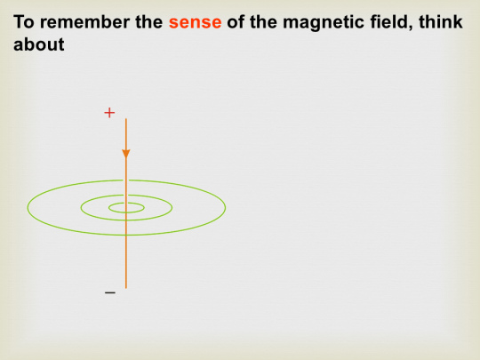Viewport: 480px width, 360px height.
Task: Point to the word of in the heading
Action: pyautogui.click(x=236, y=21)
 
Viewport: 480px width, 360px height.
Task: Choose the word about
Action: pyautogui.click(x=39, y=44)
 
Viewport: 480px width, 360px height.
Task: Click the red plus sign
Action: pyautogui.click(x=109, y=113)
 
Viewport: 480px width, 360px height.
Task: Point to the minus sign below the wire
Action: pyautogui.click(x=109, y=292)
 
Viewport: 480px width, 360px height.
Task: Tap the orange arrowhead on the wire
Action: pyautogui.click(x=126, y=154)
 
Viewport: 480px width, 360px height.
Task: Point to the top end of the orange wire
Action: pyautogui.click(x=126, y=120)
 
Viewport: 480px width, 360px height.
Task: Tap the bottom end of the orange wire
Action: pyautogui.click(x=126, y=287)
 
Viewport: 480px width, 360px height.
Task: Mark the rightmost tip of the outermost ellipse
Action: pyautogui.click(x=225, y=208)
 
